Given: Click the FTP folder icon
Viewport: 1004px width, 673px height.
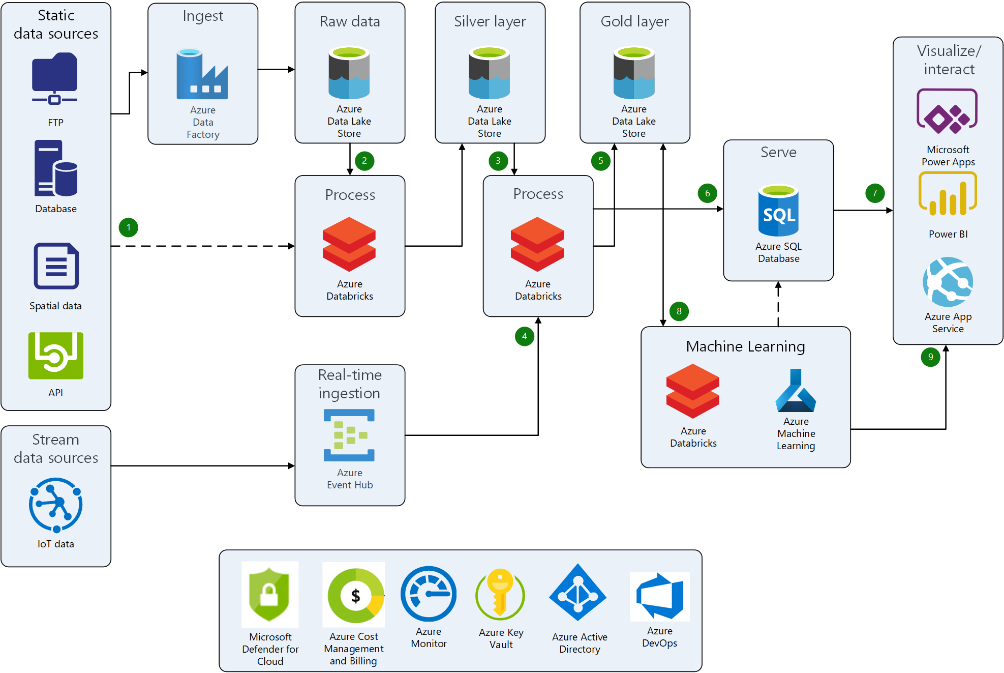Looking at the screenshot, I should click(x=55, y=78).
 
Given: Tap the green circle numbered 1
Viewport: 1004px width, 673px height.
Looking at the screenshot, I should click(x=129, y=227).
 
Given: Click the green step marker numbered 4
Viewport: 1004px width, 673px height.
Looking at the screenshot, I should click(x=524, y=336).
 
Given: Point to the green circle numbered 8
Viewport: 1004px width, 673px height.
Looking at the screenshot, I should click(x=679, y=311).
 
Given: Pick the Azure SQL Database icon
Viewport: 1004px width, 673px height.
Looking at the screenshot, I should click(x=778, y=211).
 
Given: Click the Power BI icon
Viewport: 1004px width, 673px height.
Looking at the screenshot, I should click(x=948, y=195).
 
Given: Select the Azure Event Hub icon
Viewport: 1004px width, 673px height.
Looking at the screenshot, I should click(x=349, y=435).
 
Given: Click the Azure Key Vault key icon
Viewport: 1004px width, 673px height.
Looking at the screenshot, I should click(x=500, y=594).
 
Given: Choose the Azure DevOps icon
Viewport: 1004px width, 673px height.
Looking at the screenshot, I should click(x=659, y=596).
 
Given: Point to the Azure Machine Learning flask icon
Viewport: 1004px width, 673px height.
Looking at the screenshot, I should click(x=796, y=391).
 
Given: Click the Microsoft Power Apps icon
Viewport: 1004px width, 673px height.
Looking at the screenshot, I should click(x=947, y=111).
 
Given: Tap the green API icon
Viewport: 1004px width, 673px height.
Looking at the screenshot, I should click(x=56, y=356).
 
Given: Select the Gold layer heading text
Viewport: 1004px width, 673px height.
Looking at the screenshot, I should click(x=634, y=21).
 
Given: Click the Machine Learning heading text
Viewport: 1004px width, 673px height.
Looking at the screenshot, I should click(x=745, y=346).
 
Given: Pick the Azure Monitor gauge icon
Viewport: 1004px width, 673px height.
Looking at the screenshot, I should click(x=429, y=594).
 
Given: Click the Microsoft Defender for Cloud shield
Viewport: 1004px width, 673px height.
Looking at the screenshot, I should click(x=269, y=594).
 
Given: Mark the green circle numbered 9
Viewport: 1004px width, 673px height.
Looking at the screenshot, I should click(x=930, y=357).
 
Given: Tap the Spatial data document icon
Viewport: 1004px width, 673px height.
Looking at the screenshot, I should click(x=56, y=266).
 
